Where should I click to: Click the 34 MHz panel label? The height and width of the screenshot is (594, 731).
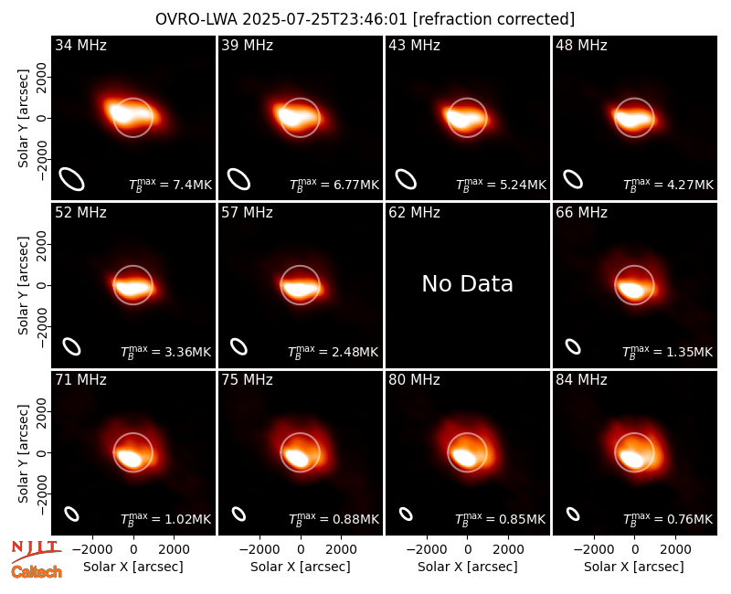tap(80, 45)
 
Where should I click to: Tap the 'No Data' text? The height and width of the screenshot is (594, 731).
tap(467, 284)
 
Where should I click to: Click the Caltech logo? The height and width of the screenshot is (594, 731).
tap(37, 572)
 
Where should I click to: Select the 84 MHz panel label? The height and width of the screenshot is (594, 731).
tap(581, 380)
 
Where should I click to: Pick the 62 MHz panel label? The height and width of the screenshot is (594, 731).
tap(414, 213)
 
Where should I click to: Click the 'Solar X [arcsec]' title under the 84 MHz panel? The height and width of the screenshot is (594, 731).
tap(634, 567)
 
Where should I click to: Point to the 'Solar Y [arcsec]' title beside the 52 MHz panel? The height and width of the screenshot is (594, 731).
tap(23, 285)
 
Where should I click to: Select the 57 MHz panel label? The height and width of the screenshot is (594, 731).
tap(247, 213)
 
